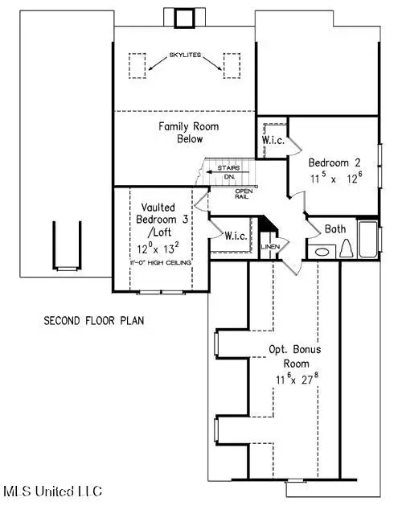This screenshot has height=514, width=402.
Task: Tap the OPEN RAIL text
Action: click(x=244, y=195)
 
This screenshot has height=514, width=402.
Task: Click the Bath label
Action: click(x=335, y=229)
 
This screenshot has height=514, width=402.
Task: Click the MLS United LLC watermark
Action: click(x=52, y=491)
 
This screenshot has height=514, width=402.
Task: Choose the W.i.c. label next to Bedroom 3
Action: click(x=235, y=236)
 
